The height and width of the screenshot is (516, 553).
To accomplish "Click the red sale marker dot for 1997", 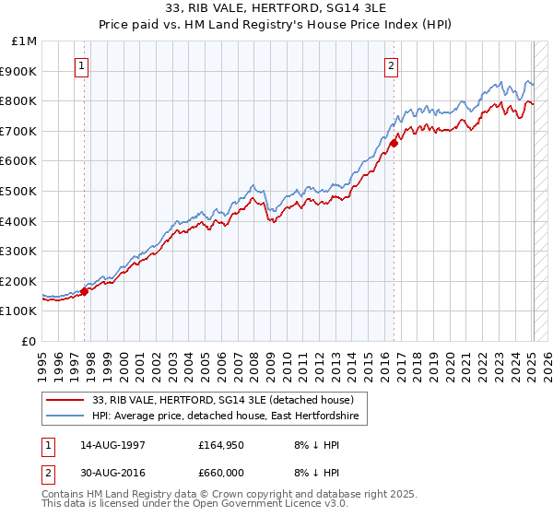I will [84, 291].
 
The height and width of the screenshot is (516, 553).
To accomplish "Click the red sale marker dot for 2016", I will [394, 143].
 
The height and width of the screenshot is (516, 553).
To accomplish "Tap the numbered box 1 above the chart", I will [83, 65].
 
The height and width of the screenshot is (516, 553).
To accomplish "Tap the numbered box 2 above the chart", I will [392, 65].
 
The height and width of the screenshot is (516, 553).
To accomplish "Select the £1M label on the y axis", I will [24, 41].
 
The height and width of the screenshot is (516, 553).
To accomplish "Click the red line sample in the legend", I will [65, 400].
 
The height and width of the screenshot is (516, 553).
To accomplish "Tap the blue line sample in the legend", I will [65, 416].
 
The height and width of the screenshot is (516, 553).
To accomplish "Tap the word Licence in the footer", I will [272, 506].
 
